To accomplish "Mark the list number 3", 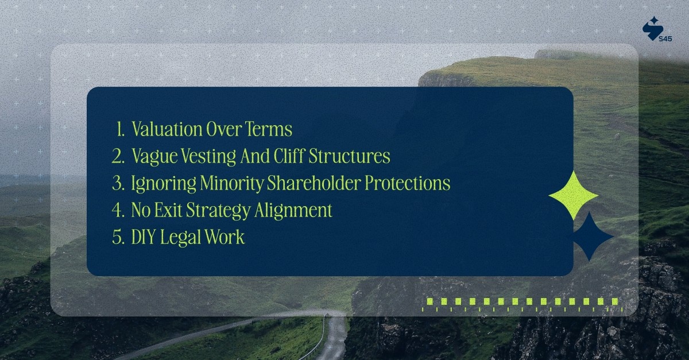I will click(118, 184).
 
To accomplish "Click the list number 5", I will click(118, 238).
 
